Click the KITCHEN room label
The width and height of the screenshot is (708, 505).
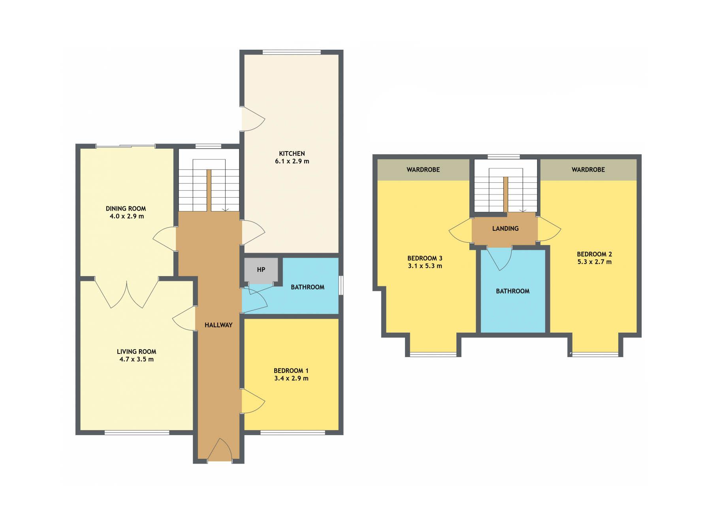(292, 153)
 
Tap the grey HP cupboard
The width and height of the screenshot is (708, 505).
(261, 270)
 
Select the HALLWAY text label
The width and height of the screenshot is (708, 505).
(218, 325)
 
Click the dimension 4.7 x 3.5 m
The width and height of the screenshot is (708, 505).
(137, 359)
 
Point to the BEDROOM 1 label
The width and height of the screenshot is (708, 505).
(291, 371)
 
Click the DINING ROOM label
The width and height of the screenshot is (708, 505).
(126, 209)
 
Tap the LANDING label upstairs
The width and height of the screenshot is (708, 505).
(505, 228)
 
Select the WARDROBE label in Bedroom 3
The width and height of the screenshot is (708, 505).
(423, 170)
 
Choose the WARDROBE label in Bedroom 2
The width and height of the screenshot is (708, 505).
(588, 170)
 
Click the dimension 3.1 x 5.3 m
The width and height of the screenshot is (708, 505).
(425, 266)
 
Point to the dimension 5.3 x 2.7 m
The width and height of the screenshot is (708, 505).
(594, 262)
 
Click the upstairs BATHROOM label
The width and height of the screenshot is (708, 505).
(513, 291)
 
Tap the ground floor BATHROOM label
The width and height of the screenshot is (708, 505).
(307, 287)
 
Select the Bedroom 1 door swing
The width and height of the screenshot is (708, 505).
(253, 401)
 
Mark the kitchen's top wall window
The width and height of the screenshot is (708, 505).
(292, 52)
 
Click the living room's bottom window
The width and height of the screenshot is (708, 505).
(137, 433)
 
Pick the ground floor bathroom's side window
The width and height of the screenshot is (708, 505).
(341, 286)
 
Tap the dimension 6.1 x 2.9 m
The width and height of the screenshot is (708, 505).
(292, 161)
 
